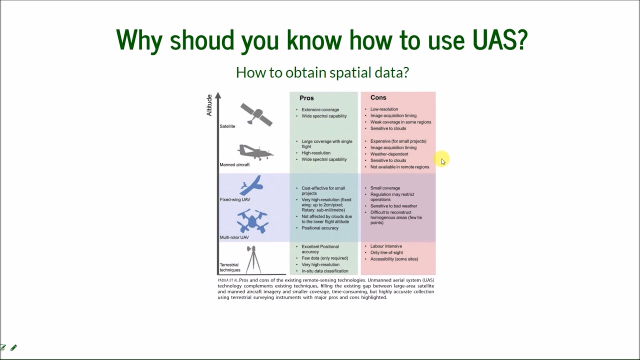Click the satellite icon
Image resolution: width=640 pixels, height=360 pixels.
click(256, 114)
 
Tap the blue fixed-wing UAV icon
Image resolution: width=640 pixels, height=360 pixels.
click(252, 185)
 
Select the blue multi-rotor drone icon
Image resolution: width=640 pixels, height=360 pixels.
click(252, 221)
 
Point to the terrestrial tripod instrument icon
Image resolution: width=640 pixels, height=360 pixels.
click(252, 258)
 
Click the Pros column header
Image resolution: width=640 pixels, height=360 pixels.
click(306, 98)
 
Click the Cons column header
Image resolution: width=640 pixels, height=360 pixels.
click(378, 97)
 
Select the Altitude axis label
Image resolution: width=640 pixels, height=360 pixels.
click(209, 105)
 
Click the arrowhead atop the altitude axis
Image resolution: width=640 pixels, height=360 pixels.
click(217, 96)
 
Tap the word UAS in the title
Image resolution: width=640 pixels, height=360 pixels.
click(499, 39)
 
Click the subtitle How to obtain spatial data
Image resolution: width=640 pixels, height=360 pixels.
click(322, 72)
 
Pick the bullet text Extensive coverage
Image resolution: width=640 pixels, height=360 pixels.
click(320, 109)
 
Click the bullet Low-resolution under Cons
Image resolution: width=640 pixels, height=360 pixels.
click(384, 109)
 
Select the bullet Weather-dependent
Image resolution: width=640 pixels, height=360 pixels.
click(389, 154)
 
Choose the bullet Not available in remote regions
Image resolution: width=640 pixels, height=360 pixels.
click(399, 167)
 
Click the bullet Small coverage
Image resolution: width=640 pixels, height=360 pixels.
click(385, 188)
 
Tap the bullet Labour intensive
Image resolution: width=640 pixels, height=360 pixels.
click(386, 246)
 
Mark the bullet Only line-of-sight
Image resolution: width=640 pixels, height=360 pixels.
click(386, 252)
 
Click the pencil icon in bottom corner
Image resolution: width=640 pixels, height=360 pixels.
click(13, 347)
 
